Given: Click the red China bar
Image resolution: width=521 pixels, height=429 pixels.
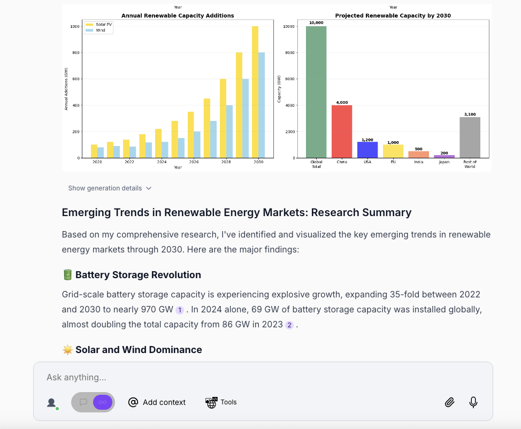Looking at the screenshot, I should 341,132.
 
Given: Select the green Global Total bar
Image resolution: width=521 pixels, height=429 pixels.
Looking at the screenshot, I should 316,92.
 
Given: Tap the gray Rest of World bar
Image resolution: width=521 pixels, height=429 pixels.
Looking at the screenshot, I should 470,137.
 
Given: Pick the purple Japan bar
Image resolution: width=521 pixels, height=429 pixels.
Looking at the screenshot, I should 444,156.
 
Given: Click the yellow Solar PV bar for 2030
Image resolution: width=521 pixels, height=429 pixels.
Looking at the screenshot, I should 255,92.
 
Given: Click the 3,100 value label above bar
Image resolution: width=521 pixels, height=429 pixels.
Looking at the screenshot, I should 470,114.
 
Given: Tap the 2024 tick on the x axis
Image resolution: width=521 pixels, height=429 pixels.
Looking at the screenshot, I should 162,162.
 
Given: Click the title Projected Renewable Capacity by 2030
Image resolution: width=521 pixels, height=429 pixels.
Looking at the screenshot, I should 393,16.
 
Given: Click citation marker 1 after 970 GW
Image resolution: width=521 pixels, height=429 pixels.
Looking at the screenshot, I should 180,310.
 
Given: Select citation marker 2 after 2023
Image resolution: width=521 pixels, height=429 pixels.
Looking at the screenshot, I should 289,325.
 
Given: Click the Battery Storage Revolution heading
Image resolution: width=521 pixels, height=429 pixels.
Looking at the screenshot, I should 138,275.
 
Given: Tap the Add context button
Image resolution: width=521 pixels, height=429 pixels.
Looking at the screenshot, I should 157,402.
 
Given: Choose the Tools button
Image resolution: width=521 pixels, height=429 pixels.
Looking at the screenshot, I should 221,402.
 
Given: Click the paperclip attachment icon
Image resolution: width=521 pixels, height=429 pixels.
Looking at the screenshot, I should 449,402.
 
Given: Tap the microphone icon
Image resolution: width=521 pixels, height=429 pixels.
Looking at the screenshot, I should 473,402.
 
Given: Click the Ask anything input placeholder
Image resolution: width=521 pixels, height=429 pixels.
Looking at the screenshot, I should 76,377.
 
